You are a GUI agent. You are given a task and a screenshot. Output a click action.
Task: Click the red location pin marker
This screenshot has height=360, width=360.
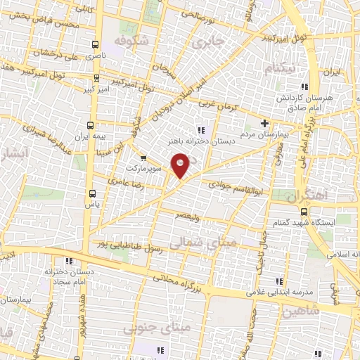coord(181,167)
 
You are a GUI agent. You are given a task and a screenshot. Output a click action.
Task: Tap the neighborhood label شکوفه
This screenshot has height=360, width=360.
coord(131,41)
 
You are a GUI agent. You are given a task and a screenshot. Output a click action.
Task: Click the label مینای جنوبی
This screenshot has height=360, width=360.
coord(148,328)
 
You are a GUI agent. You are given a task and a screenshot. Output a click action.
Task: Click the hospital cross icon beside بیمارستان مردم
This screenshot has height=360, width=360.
coord(264,123)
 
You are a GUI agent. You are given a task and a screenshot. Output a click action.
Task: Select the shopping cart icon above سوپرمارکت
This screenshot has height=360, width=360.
coord(144,157)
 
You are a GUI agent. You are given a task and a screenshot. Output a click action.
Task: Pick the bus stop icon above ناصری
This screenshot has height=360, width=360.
coord(91,43)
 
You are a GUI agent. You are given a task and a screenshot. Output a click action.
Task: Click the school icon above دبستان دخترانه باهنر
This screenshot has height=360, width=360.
coord(201,129)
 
